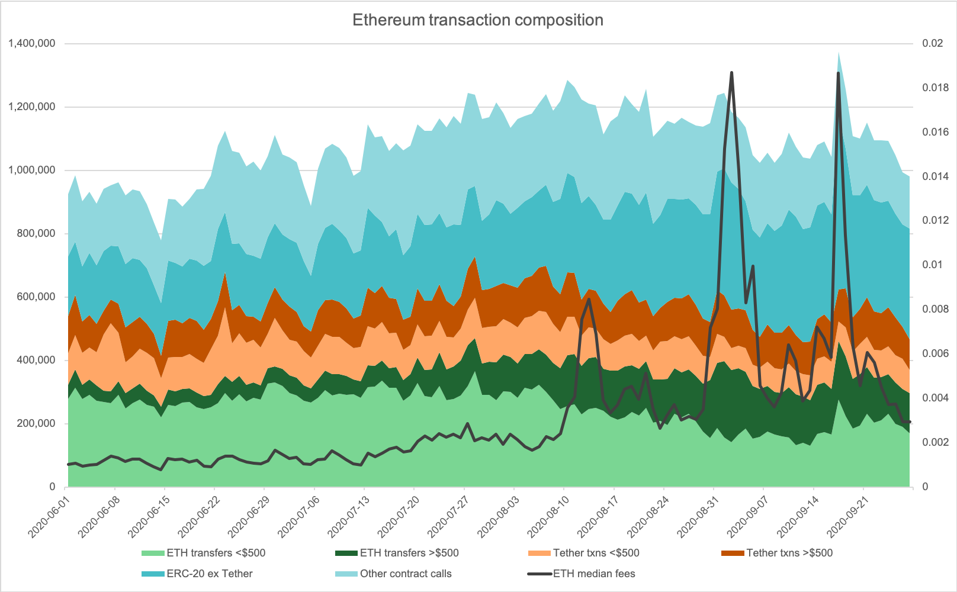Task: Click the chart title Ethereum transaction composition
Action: click(x=478, y=20)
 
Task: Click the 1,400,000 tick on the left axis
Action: click(x=32, y=43)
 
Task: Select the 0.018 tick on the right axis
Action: click(x=935, y=88)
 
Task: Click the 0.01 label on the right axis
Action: click(x=932, y=265)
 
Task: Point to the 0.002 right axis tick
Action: click(x=935, y=442)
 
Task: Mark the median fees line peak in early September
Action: click(x=732, y=73)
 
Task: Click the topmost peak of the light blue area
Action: click(x=839, y=53)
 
